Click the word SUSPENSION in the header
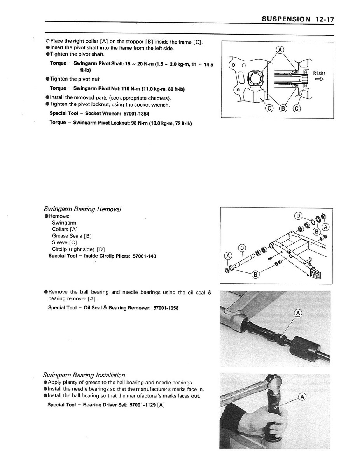tap(286, 19)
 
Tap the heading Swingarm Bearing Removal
tap(82, 209)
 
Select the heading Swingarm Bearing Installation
tap(84, 375)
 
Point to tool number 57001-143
tap(144, 256)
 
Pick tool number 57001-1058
tap(166, 308)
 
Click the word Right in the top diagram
tap(319, 73)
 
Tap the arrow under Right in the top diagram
tap(320, 79)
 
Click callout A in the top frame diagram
tap(280, 49)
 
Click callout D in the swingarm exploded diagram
tap(299, 216)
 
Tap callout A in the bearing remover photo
tap(298, 313)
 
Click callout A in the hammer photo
tap(302, 397)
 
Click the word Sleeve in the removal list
tap(60, 242)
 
